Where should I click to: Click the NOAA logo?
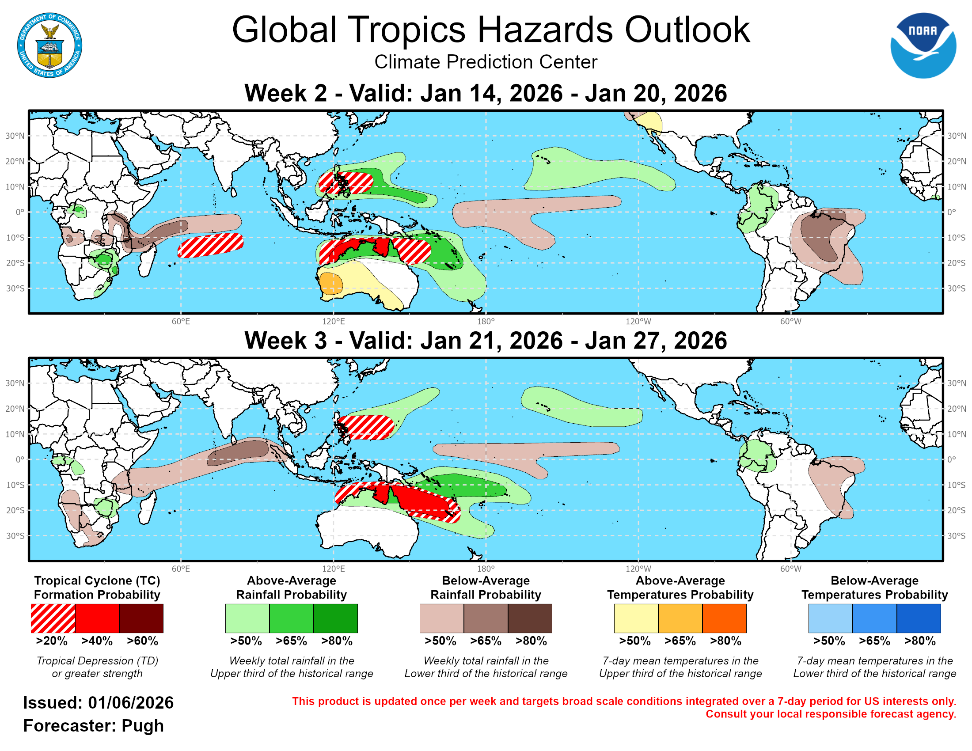tap(923, 46)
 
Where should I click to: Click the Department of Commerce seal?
tap(49, 46)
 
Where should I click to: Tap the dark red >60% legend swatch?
tap(141, 618)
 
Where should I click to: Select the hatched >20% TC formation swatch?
tap(53, 618)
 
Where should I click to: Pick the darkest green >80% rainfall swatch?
tap(336, 618)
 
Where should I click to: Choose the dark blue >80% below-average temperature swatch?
tap(919, 618)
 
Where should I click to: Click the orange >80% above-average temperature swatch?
tap(724, 618)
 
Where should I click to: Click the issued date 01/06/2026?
tap(130, 703)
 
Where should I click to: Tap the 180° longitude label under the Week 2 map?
tap(486, 321)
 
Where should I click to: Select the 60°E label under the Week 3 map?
tap(181, 569)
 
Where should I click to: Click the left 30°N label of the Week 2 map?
tap(15, 136)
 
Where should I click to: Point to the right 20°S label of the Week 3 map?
tap(956, 510)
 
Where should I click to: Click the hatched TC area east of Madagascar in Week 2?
tap(210, 245)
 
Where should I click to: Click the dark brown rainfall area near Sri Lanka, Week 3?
tap(238, 452)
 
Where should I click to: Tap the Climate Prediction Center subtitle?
tap(486, 62)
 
